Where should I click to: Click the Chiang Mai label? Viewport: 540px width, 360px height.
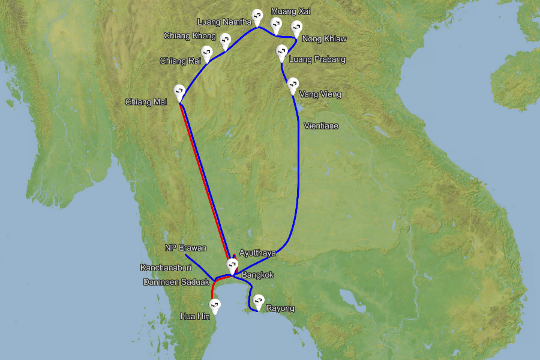(x=146, y=101)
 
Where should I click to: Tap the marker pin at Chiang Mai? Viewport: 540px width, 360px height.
(x=179, y=92)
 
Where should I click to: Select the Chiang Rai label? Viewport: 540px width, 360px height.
(x=180, y=61)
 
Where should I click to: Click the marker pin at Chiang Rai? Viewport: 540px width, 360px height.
(x=207, y=53)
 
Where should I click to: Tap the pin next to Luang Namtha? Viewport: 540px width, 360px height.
(x=257, y=16)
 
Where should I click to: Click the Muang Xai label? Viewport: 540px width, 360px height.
(x=291, y=11)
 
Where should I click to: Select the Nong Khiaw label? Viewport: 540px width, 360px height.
(x=325, y=39)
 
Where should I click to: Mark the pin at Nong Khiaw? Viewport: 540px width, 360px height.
(x=296, y=28)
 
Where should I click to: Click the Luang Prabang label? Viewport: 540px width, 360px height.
(x=317, y=59)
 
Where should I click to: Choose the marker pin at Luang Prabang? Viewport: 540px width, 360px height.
(x=281, y=52)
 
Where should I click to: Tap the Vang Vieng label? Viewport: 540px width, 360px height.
(x=320, y=94)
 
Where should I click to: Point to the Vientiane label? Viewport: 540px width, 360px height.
(x=321, y=126)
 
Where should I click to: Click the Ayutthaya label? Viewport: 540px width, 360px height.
(x=258, y=253)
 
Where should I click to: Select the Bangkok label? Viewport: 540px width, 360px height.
(x=257, y=275)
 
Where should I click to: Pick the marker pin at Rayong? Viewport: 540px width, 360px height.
(x=258, y=301)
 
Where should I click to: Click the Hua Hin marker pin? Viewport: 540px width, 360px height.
(x=214, y=305)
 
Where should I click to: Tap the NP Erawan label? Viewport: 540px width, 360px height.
(x=185, y=248)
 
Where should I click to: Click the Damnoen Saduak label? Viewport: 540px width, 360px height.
(x=176, y=282)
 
